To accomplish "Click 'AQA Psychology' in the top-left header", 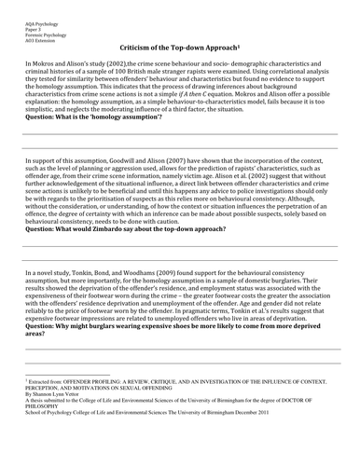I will [x=31, y=6].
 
